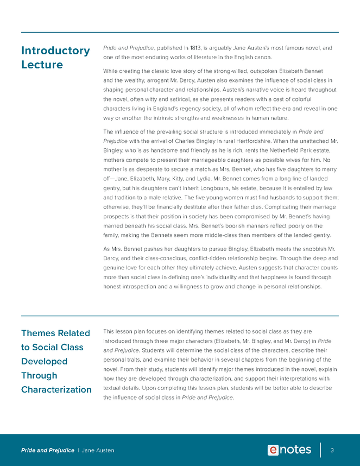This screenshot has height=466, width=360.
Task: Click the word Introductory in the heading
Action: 55,51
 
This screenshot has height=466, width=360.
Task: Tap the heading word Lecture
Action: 42,65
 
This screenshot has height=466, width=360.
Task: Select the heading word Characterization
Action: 56,389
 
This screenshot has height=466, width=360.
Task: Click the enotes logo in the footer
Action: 289,450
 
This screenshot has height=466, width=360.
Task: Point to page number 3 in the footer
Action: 332,450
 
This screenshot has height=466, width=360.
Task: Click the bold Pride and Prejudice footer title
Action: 48,450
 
